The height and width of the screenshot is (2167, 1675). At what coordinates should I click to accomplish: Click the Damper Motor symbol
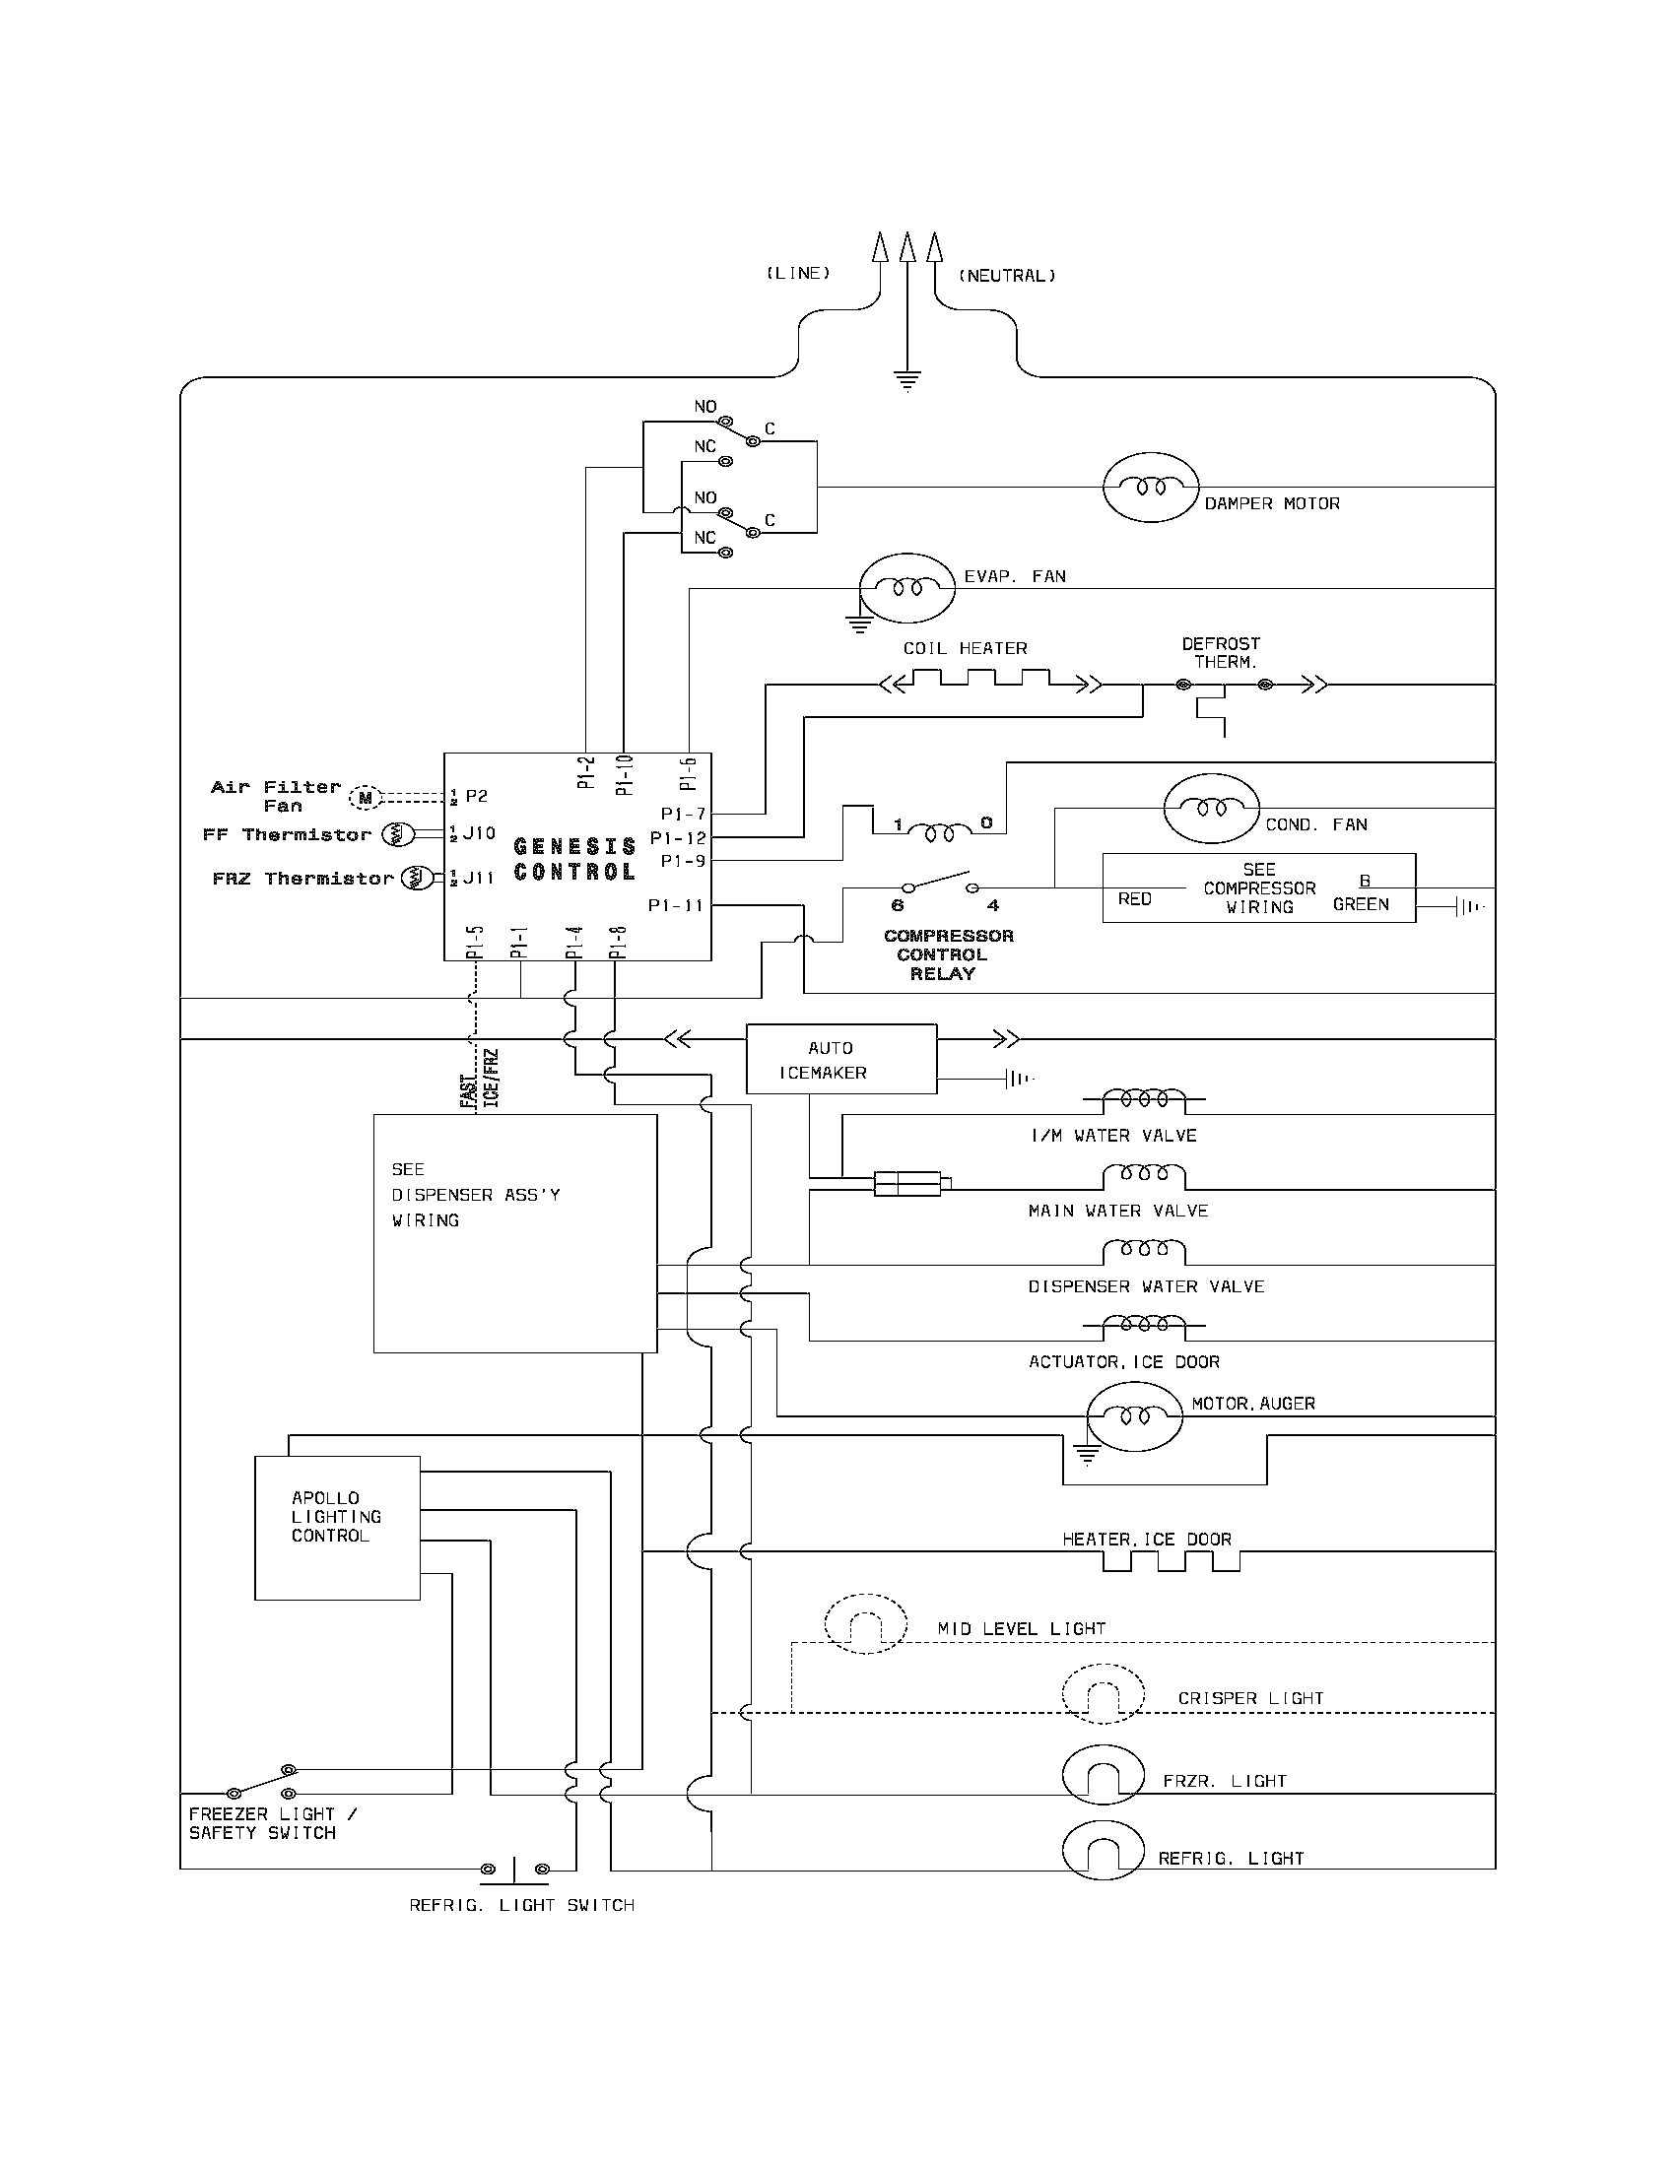coord(1150,488)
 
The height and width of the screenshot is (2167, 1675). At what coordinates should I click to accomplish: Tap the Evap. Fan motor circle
coord(905,588)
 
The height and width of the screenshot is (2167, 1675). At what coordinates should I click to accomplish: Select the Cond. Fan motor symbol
coord(1211,809)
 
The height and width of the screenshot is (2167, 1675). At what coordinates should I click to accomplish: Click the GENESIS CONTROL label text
coord(574,859)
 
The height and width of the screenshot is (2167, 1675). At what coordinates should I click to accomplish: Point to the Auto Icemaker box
coord(840,1059)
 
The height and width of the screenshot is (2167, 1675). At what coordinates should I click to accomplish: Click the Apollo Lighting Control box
coord(336,1527)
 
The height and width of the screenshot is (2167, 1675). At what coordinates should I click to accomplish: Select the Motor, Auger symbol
coord(1134,1416)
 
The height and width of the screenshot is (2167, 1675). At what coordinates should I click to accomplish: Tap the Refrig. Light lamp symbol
coord(1104,1852)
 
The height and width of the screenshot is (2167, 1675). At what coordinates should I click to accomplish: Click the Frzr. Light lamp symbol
coord(1104,1776)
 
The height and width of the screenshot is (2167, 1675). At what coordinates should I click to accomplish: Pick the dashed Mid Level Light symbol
coord(865,1624)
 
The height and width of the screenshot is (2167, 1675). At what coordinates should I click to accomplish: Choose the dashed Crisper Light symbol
coord(1103,1694)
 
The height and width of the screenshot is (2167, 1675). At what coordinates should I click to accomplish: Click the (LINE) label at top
coord(797,273)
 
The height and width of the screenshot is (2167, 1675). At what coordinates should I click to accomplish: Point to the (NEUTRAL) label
coord(1006,276)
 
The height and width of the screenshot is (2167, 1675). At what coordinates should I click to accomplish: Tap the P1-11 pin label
coord(675,905)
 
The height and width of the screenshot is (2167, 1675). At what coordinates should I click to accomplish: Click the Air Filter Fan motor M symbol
coord(366,797)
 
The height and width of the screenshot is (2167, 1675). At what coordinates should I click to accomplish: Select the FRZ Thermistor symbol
coord(417,877)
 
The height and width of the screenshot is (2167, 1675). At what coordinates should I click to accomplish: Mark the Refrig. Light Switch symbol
coord(514,1870)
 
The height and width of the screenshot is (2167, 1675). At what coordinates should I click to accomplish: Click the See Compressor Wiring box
coord(1258,888)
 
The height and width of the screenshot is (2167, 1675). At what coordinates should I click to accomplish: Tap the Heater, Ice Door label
coord(1146,1539)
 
